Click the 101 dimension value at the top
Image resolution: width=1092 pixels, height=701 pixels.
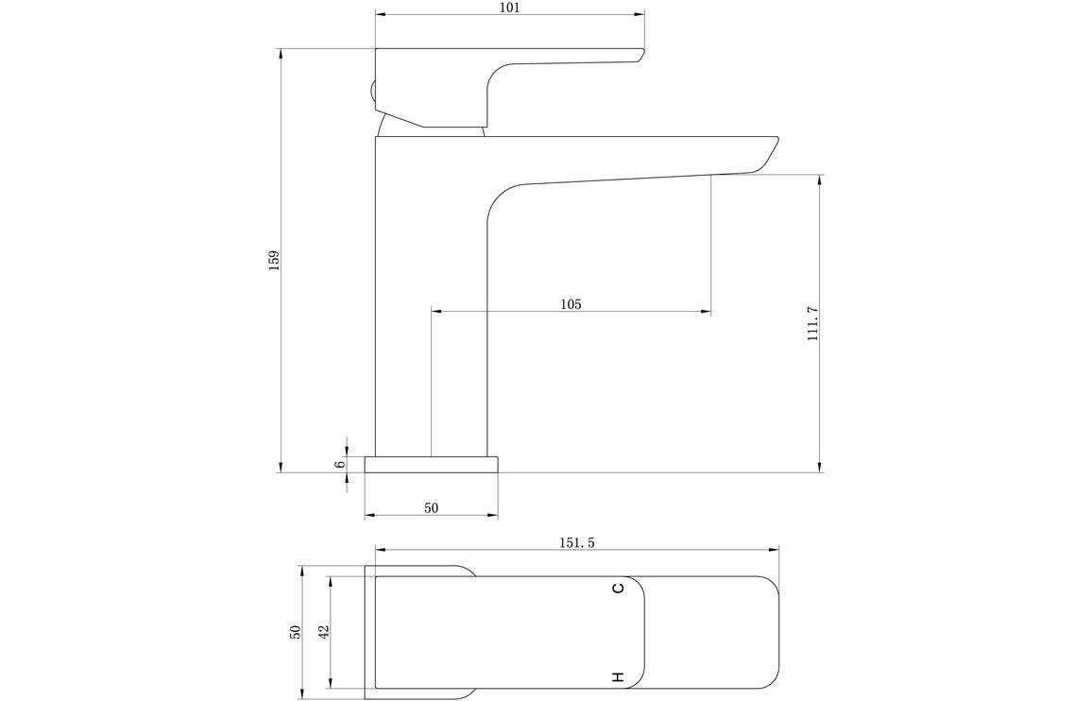(x=510, y=8)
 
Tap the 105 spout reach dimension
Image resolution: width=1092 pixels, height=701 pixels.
(x=571, y=304)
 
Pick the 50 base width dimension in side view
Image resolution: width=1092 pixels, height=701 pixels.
(x=431, y=508)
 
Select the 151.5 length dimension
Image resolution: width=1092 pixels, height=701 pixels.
(x=575, y=543)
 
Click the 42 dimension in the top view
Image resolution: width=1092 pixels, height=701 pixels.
(x=324, y=632)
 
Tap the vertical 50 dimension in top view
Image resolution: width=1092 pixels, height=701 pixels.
(x=296, y=632)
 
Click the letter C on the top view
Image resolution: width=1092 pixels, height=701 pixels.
(x=619, y=589)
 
